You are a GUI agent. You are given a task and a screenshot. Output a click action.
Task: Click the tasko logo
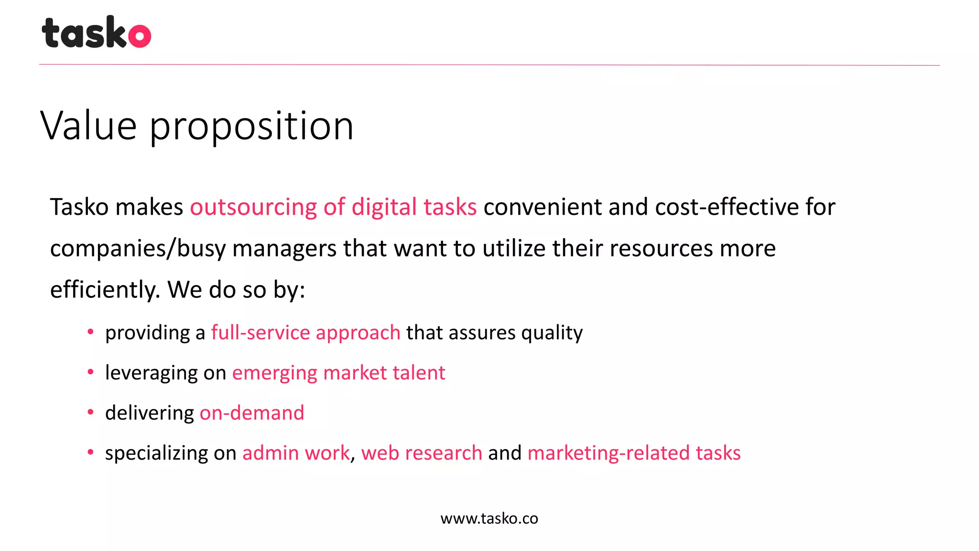coord(96,33)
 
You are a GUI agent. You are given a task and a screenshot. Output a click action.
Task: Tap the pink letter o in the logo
coord(140,36)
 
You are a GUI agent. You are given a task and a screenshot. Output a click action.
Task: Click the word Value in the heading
coord(88,125)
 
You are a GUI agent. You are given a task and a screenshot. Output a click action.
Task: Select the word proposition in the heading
coord(251,126)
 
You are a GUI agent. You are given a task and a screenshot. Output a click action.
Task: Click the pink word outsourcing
coord(253,207)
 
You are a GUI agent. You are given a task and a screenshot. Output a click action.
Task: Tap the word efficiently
coord(105,290)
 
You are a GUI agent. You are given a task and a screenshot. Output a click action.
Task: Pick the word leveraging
coord(151,373)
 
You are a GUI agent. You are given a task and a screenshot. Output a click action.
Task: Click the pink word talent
coord(419,373)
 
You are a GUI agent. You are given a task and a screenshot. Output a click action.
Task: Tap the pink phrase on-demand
coord(252,413)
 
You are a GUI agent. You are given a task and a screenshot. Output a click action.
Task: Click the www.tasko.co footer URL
coord(489,518)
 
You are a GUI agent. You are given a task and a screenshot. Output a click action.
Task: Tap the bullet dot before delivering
coord(90,412)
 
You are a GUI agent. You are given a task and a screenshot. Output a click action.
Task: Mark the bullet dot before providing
coord(90,332)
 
